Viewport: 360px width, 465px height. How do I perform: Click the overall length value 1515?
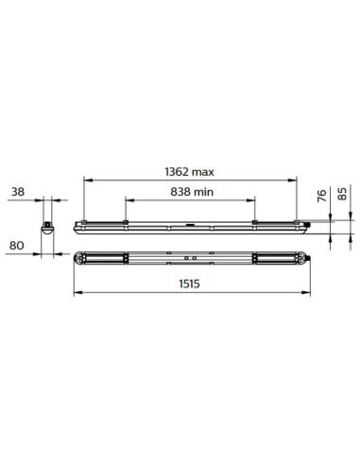coord(192,282)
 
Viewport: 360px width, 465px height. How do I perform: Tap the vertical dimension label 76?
coord(321,197)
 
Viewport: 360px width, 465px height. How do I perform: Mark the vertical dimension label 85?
coord(341,197)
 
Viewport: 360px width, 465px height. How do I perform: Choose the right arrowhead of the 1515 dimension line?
coord(306,289)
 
